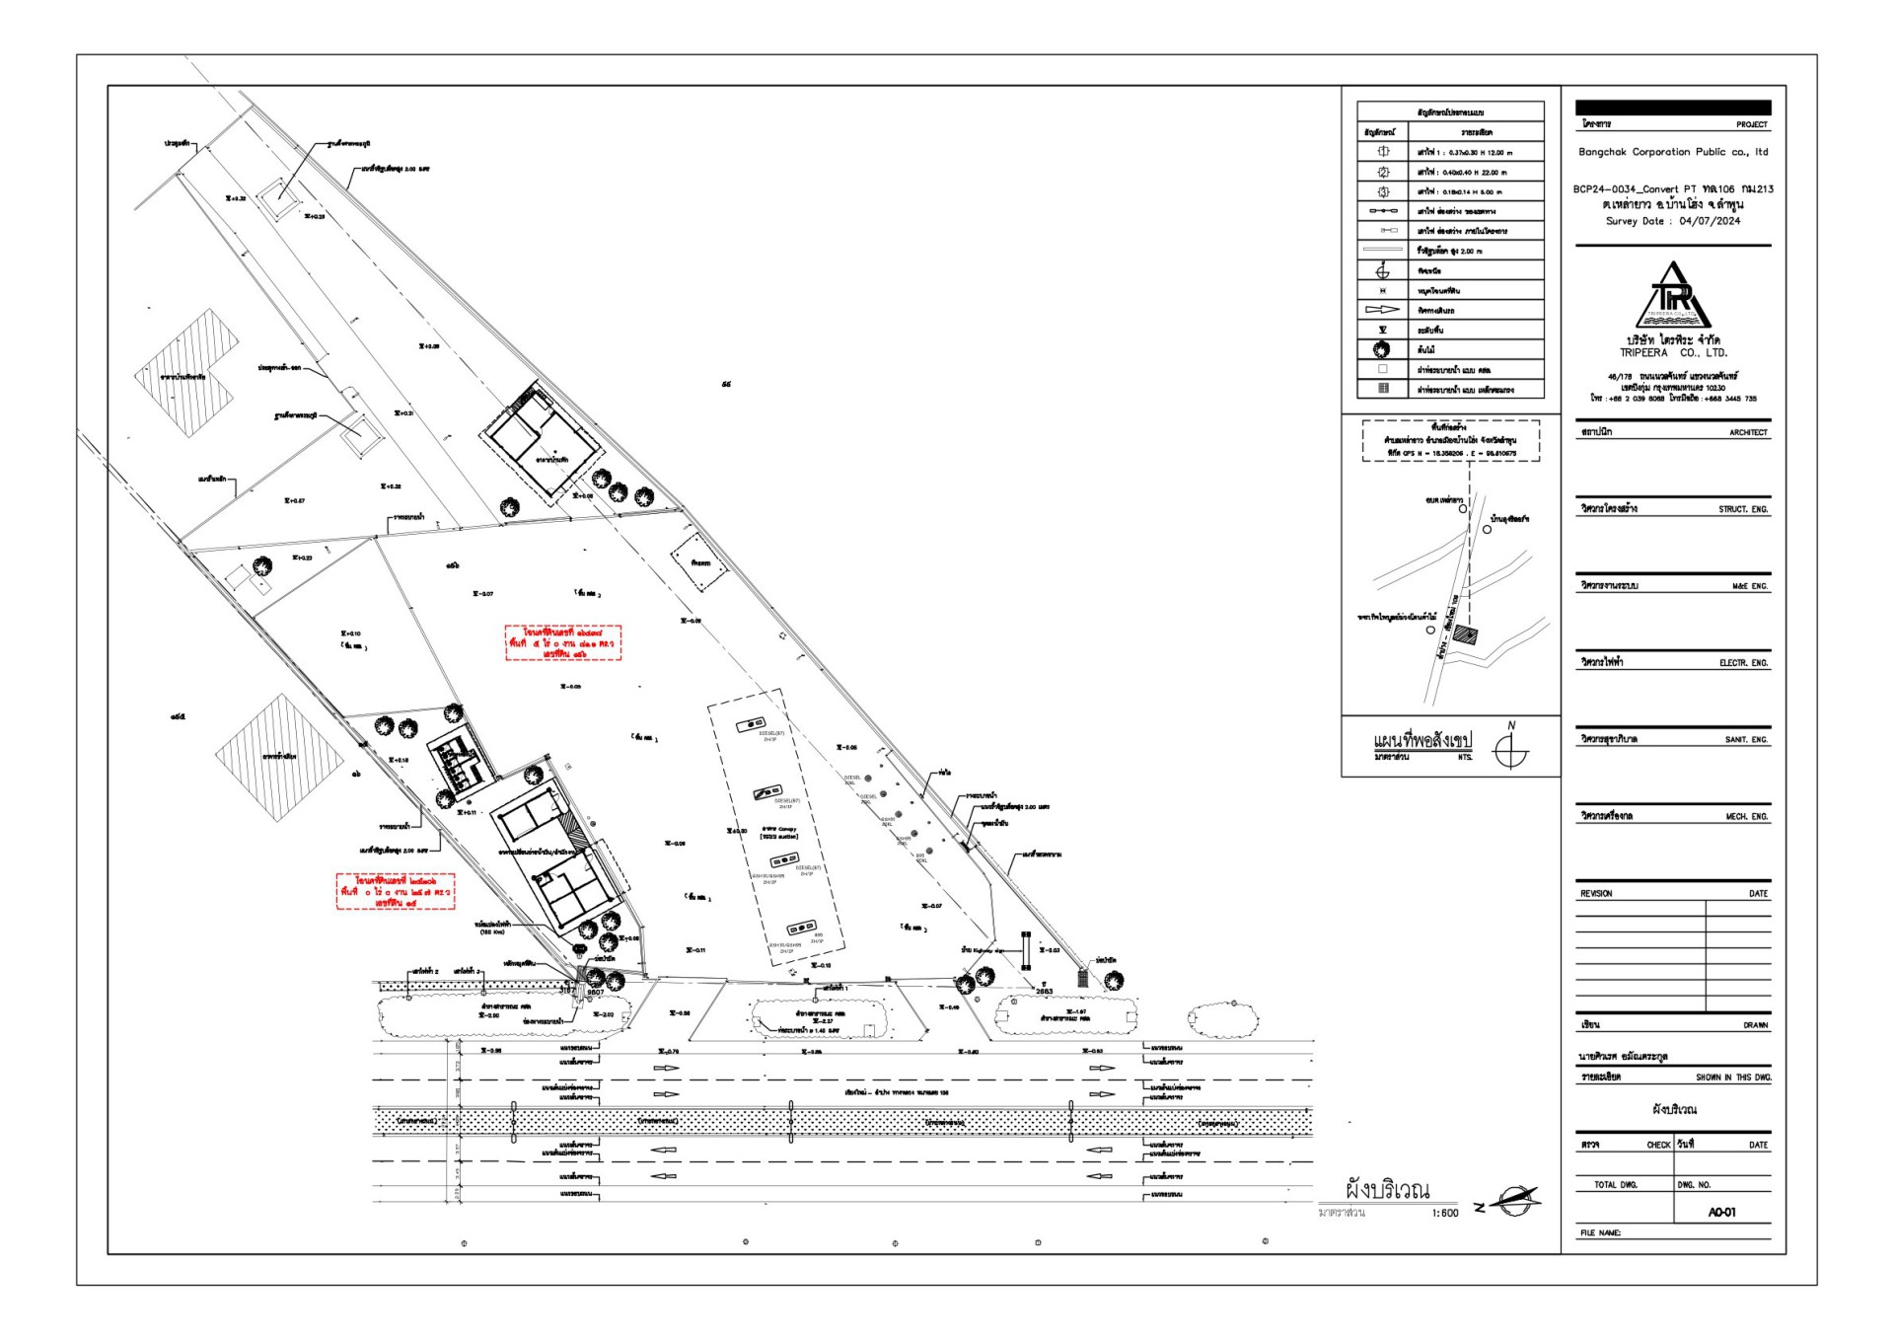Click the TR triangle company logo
pos(1673,296)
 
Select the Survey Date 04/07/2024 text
pos(1673,221)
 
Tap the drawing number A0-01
pos(1721,1212)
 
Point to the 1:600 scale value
pos(1445,1213)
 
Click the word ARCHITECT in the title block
pos(1748,432)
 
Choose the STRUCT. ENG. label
pos(1743,509)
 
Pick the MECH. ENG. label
pos(1746,817)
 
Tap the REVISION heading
pos(1596,893)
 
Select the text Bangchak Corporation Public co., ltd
pos(1673,152)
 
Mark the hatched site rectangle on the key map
pos(1466,634)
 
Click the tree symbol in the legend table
pos(1382,349)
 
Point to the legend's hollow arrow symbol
pos(1382,310)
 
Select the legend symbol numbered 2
pos(1383,172)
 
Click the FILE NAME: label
pos(1600,1232)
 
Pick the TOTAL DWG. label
pos(1616,1184)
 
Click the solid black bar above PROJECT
pos(1673,108)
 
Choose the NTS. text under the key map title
pos(1465,757)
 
